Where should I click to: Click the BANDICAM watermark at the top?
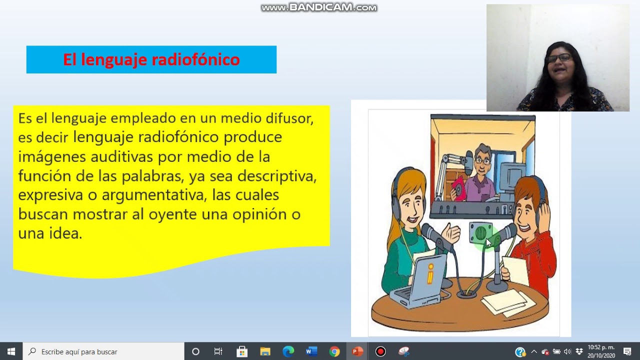[319, 7]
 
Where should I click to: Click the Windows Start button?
[11, 351]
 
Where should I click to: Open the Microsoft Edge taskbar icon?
[288, 351]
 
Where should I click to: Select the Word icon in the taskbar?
[311, 351]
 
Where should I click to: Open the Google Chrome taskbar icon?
[334, 351]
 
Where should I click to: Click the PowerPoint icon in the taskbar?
[357, 351]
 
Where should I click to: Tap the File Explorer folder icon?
[265, 351]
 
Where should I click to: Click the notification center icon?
[627, 351]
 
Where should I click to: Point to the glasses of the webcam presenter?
[558, 58]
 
